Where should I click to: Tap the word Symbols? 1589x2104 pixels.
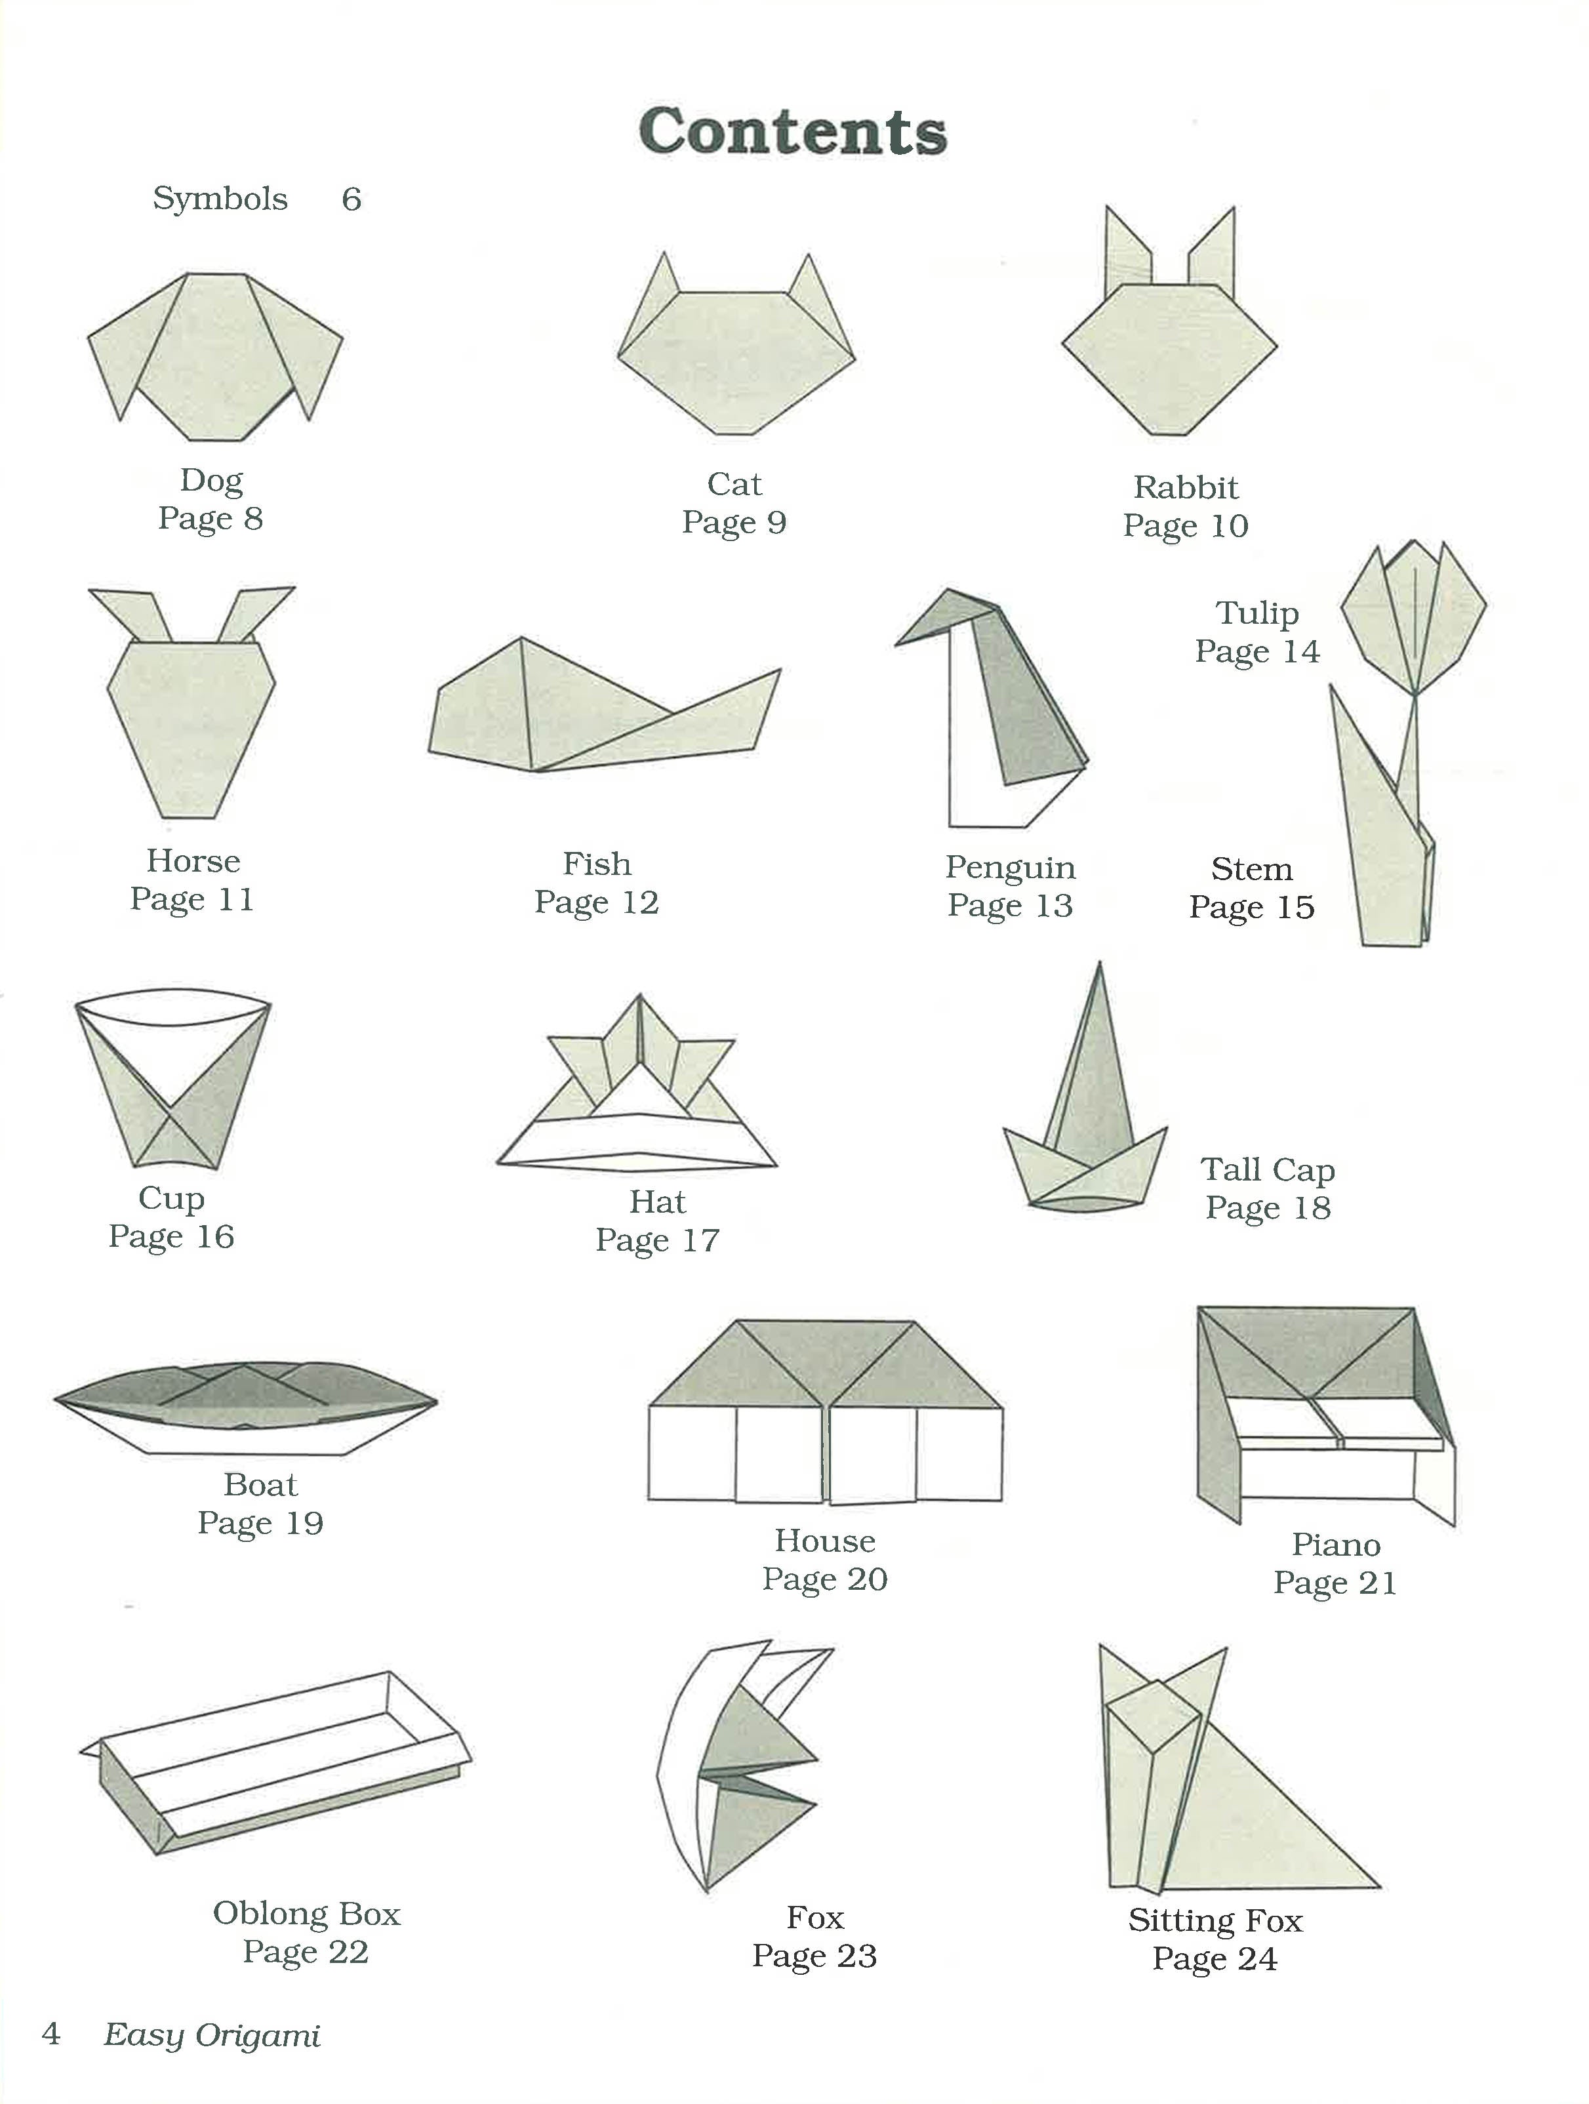(x=220, y=199)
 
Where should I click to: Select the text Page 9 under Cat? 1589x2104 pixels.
(x=734, y=522)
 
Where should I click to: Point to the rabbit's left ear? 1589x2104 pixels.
(x=1127, y=252)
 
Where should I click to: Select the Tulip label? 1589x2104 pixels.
(x=1256, y=613)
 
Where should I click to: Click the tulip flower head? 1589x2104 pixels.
(x=1413, y=618)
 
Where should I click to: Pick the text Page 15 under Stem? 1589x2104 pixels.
(x=1251, y=908)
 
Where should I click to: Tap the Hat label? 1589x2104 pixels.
(x=657, y=1202)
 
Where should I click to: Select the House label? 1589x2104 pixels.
(x=824, y=1541)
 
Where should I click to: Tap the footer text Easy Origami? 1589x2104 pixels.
(x=211, y=2036)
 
